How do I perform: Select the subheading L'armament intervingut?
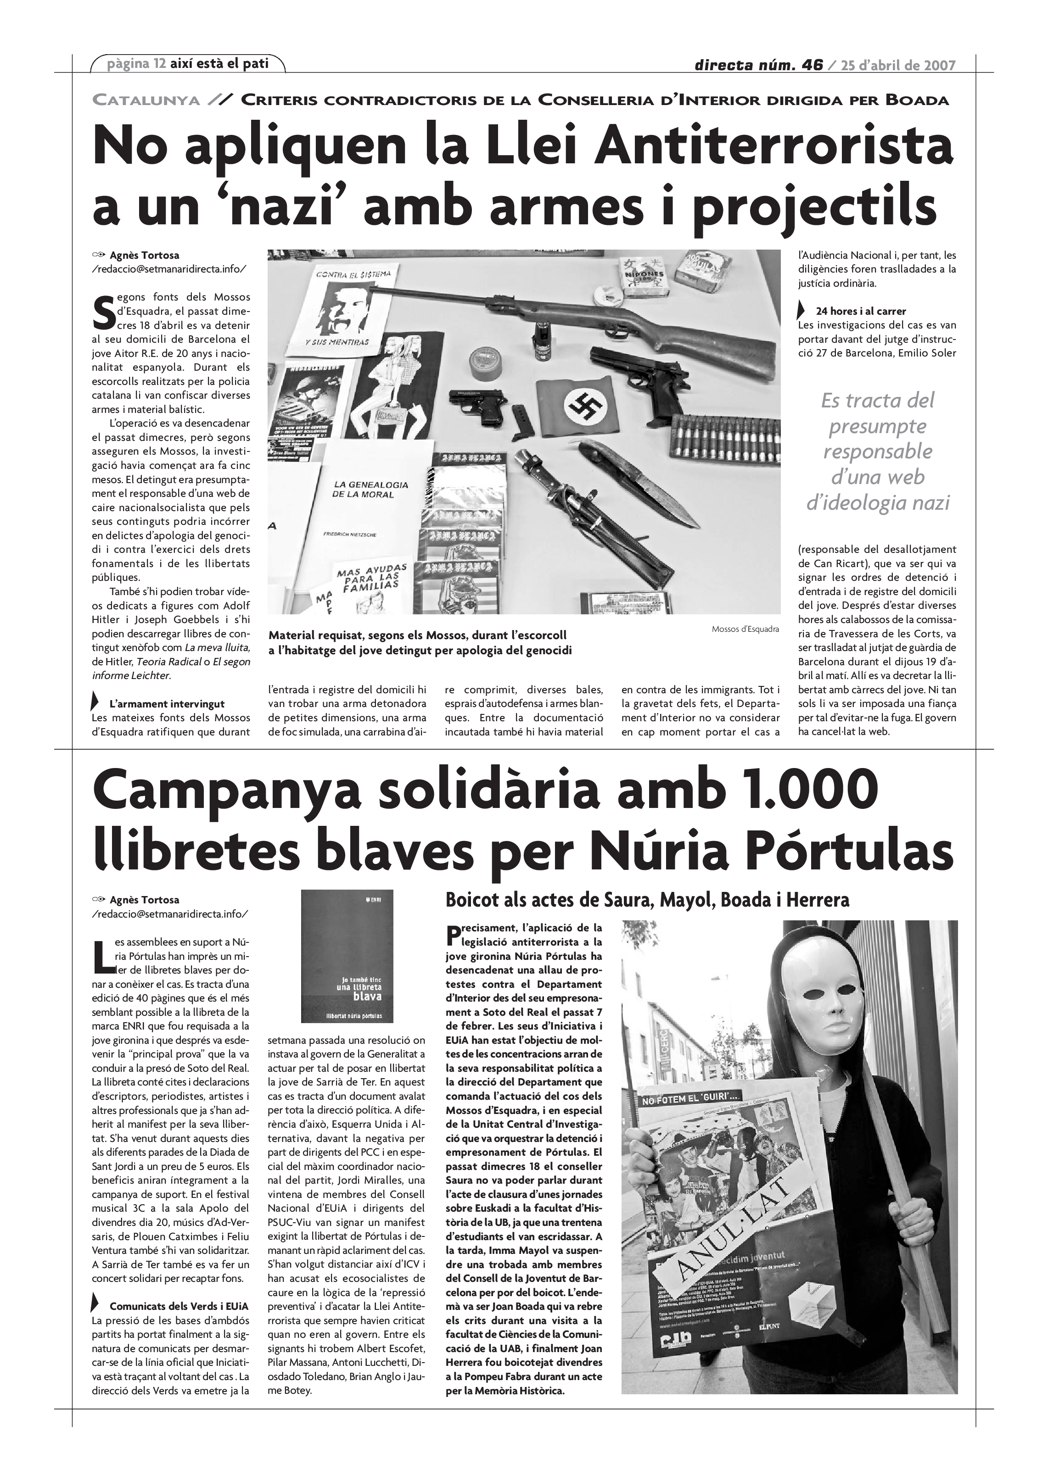coord(167,704)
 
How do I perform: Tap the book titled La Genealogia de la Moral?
coord(370,490)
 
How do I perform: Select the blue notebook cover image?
coord(347,957)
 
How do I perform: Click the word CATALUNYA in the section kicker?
coord(146,100)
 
